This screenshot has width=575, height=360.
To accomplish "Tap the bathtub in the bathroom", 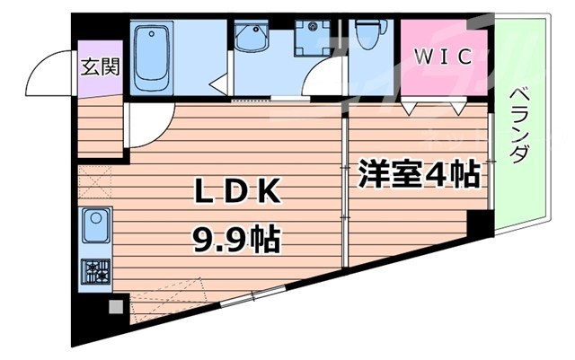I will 156,58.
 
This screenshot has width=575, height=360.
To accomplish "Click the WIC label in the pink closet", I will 442,57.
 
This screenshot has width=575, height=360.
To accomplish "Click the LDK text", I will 238,191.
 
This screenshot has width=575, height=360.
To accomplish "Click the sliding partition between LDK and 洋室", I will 344,189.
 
